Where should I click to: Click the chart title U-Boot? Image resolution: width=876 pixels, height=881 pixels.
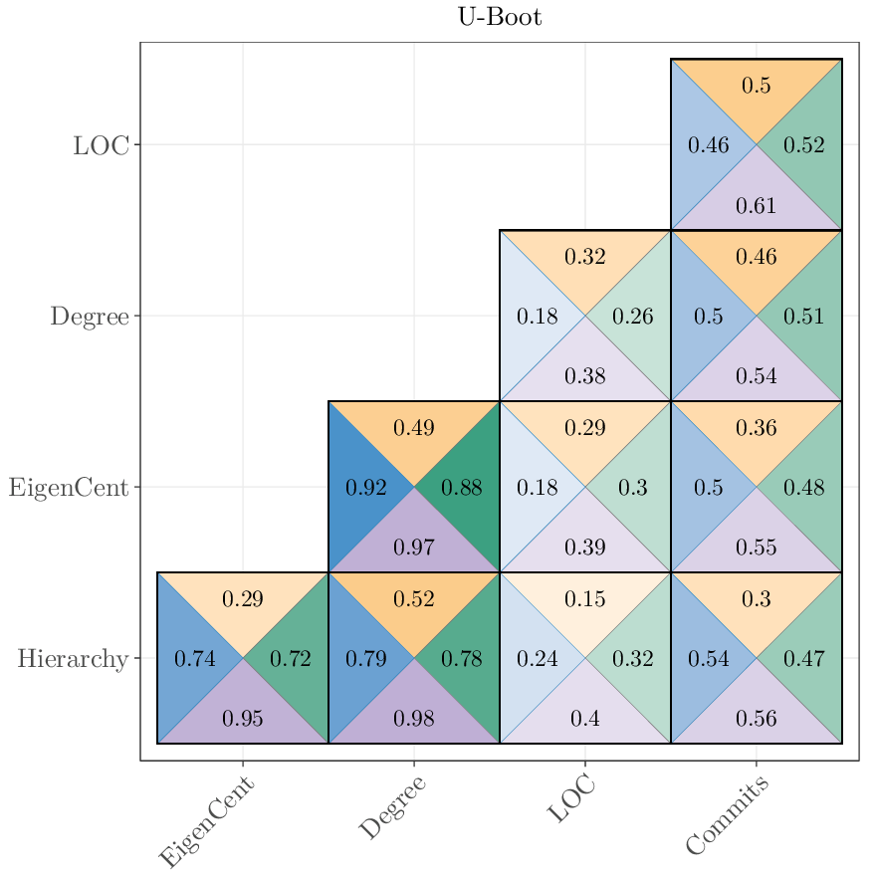(500, 17)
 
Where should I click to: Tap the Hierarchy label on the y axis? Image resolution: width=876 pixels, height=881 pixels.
(73, 659)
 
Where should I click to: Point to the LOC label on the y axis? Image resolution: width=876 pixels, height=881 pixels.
(101, 145)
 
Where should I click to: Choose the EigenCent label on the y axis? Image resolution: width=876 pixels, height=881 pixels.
(69, 488)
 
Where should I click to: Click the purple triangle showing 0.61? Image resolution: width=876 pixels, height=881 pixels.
(757, 206)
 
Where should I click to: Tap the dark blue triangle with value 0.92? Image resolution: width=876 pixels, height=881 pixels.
(364, 488)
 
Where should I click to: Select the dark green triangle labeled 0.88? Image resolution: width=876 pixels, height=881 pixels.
(462, 488)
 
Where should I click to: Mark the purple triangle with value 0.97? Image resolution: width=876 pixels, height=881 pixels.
(414, 547)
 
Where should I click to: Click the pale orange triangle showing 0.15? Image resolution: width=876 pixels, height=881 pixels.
(585, 599)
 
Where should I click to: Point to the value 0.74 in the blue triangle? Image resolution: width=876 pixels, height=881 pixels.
(195, 659)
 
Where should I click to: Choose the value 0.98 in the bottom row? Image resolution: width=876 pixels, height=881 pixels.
(414, 718)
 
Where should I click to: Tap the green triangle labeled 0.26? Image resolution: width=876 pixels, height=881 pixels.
(633, 318)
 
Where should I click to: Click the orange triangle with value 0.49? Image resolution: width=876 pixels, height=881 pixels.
(414, 428)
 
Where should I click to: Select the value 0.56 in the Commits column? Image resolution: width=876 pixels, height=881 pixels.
(757, 718)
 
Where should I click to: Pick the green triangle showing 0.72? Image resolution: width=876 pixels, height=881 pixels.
(291, 659)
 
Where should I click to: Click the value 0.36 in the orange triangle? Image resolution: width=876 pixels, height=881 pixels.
(757, 428)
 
